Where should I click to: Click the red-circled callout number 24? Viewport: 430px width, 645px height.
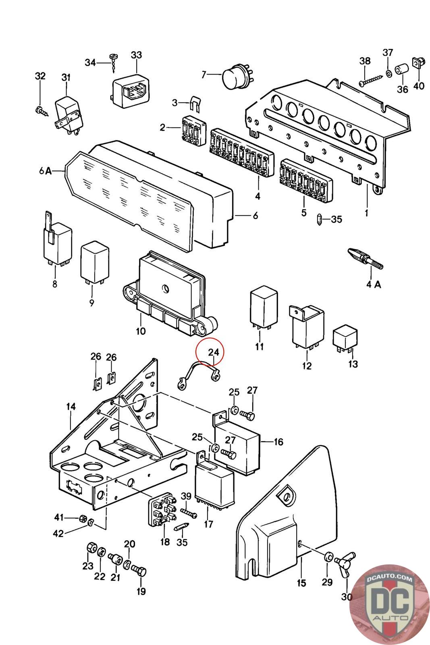[x=214, y=352]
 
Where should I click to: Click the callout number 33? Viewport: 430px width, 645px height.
[x=137, y=55]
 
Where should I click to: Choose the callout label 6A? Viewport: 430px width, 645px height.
[x=46, y=171]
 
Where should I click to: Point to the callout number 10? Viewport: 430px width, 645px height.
[x=141, y=331]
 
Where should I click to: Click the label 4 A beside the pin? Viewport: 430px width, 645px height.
[x=373, y=284]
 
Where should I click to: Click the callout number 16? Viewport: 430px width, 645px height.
[x=278, y=442]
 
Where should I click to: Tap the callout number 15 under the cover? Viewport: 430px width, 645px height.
[x=301, y=583]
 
